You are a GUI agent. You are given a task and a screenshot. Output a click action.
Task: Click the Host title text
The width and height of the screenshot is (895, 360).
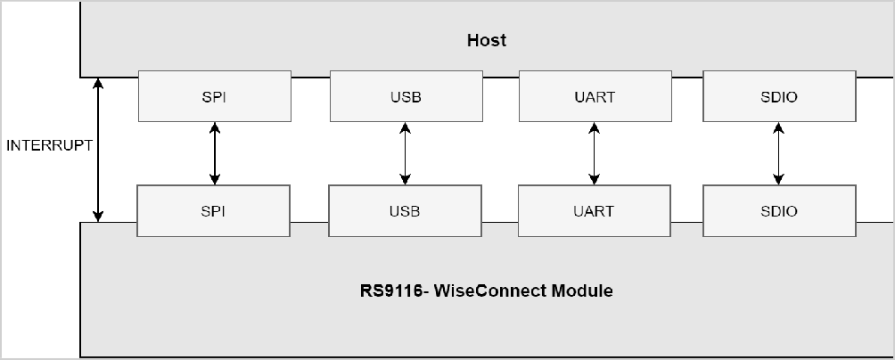[x=487, y=40]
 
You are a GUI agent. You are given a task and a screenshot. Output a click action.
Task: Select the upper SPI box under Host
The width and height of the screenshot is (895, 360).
[x=214, y=97]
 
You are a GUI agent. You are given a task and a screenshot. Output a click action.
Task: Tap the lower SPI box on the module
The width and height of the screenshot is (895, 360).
[x=213, y=211]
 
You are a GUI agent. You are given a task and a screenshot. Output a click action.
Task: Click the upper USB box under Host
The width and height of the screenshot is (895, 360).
[x=405, y=97]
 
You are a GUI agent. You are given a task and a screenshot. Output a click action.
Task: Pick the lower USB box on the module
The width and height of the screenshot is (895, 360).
[x=404, y=211]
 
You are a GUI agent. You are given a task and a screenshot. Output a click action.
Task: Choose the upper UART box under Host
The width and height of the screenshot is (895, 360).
[x=595, y=97]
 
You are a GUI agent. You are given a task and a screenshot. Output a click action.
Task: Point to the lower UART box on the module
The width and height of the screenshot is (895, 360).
[x=594, y=211]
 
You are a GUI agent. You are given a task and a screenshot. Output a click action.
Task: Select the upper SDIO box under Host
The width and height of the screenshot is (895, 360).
[x=779, y=97]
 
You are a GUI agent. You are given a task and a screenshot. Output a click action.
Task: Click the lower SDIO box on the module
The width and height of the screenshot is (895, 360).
[x=778, y=211]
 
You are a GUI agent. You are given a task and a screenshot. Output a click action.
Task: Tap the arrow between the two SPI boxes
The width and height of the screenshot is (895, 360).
[x=214, y=153]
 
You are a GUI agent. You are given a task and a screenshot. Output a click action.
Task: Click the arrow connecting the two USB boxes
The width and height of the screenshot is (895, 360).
[x=405, y=153]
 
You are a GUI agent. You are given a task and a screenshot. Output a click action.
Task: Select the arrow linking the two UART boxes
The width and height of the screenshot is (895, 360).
[x=595, y=153]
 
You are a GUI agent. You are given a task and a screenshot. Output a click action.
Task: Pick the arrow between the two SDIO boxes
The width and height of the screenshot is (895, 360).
[x=779, y=153]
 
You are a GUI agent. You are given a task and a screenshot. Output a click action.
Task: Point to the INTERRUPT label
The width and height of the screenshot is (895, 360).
[x=49, y=145]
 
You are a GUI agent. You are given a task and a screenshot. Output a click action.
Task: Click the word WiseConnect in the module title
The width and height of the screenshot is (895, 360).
[x=489, y=290]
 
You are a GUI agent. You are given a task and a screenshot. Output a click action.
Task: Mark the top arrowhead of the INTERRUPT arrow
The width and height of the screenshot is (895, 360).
[x=98, y=83]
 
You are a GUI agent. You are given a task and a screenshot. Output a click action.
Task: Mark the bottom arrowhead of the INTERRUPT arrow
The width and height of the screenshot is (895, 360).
[x=98, y=216]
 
